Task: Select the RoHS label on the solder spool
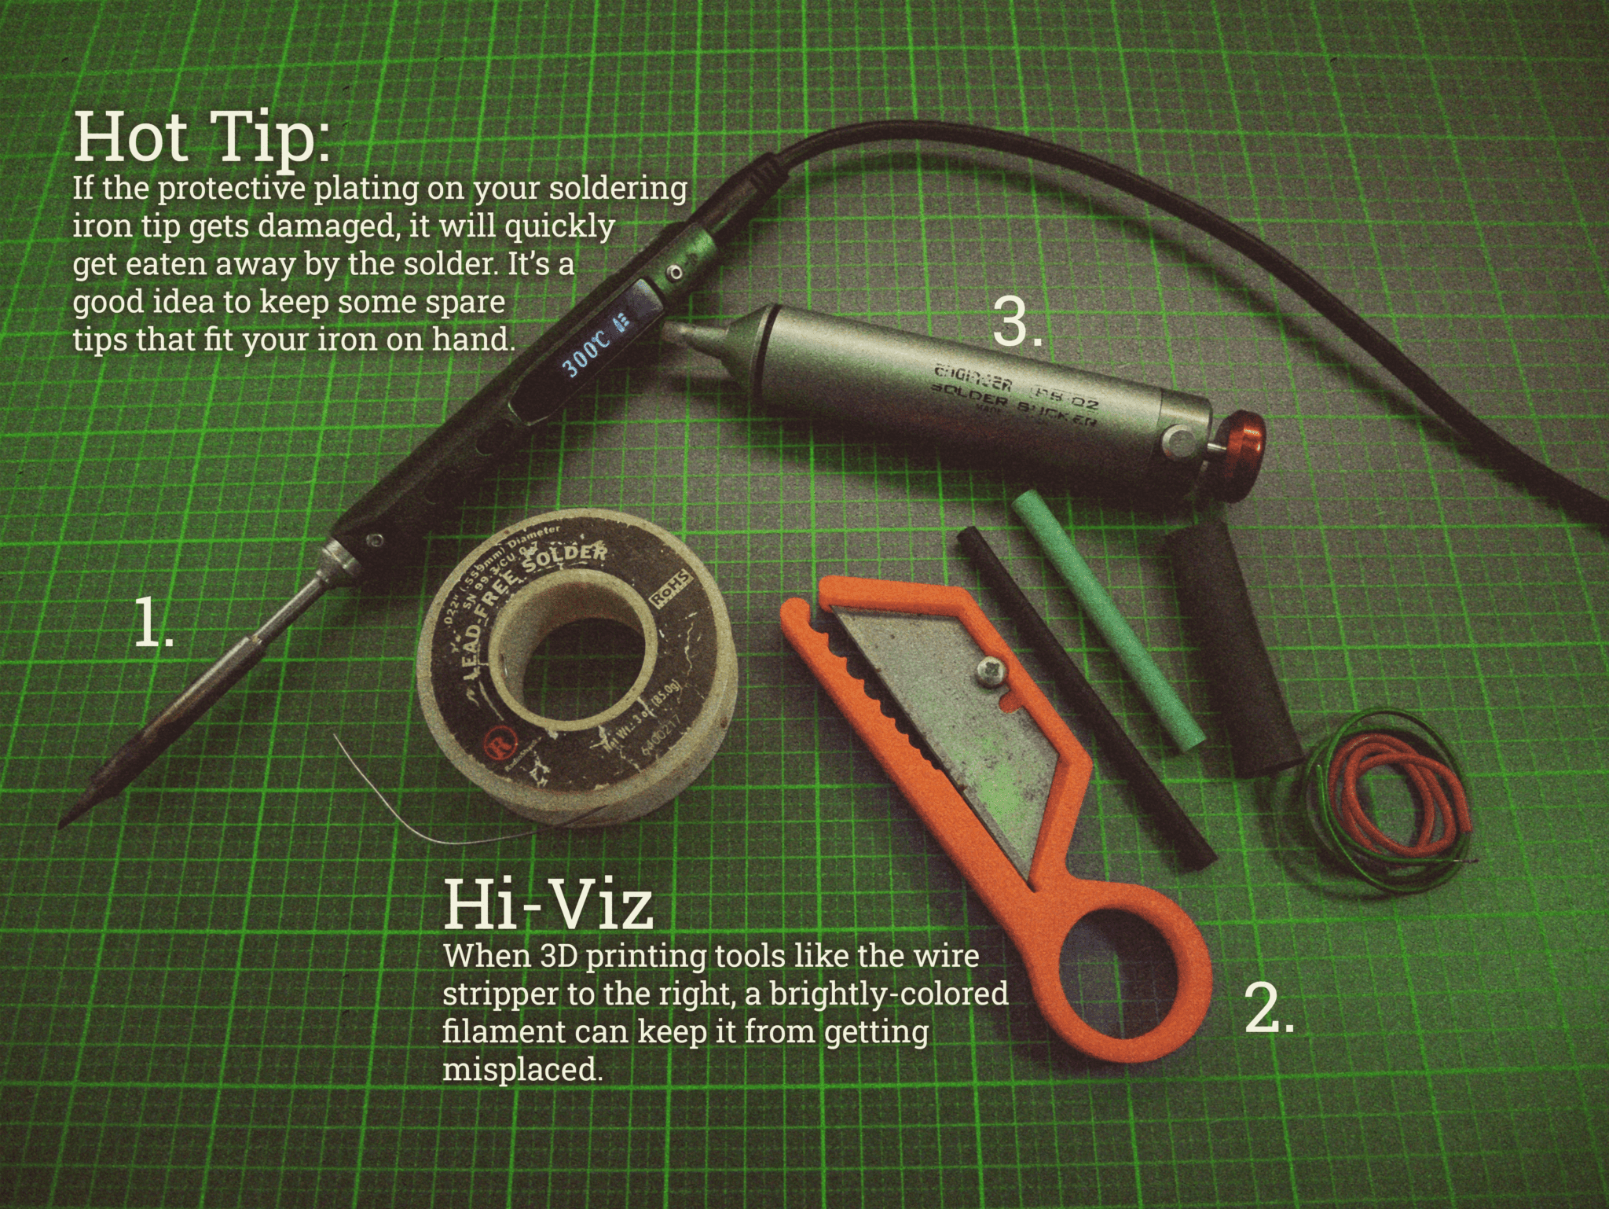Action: pyautogui.click(x=673, y=588)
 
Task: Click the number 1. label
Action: pyautogui.click(x=154, y=623)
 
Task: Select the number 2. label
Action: pyautogui.click(x=1269, y=1010)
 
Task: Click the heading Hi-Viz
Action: pyautogui.click(x=548, y=906)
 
